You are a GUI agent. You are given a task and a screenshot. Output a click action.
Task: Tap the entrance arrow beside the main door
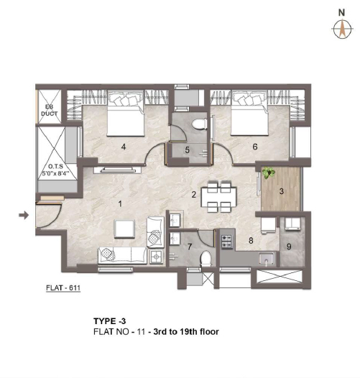(x=24, y=215)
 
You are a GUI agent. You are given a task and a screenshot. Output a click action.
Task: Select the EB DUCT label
(x=49, y=111)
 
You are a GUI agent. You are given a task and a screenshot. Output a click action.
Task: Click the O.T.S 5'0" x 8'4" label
(x=56, y=170)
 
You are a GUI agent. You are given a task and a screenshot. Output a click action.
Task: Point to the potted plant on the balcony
(x=268, y=172)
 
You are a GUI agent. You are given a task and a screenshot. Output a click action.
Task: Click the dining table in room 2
(x=219, y=197)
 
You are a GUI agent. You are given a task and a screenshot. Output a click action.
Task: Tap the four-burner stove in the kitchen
(x=226, y=241)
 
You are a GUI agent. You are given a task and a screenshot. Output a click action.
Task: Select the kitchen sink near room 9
(x=266, y=259)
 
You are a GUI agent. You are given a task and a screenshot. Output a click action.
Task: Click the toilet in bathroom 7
(x=206, y=259)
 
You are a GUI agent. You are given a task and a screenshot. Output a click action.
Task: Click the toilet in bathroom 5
(x=200, y=124)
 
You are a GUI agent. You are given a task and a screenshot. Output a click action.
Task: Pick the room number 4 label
(x=124, y=147)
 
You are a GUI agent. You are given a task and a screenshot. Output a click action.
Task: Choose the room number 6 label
(x=255, y=147)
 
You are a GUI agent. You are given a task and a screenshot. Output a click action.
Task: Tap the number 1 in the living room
(x=120, y=204)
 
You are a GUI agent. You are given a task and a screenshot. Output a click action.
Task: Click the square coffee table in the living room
(x=124, y=229)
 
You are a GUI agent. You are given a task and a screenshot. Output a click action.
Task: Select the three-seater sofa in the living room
(x=122, y=256)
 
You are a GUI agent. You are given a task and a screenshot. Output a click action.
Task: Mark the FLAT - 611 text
(x=63, y=288)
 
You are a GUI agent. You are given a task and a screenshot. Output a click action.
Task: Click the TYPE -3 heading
(x=110, y=321)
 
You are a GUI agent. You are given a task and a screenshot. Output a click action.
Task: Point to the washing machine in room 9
(x=292, y=223)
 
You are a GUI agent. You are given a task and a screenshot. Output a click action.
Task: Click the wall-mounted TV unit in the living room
(x=118, y=170)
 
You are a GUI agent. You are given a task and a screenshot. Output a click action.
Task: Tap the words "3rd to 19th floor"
(x=186, y=332)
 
